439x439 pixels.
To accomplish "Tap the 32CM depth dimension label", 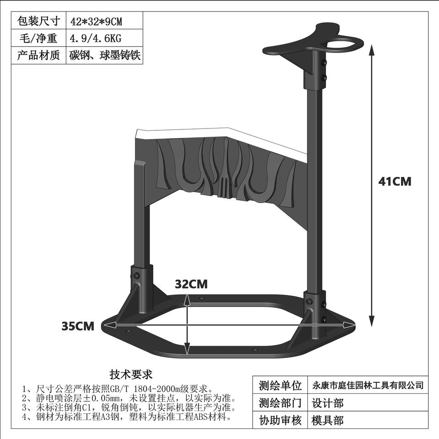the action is pyautogui.click(x=191, y=284).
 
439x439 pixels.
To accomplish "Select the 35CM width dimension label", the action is pyautogui.click(x=78, y=326).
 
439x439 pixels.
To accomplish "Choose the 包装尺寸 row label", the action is pyautogui.click(x=38, y=21).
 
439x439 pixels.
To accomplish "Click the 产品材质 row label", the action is pyautogui.click(x=38, y=56).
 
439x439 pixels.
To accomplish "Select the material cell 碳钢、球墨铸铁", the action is pyautogui.click(x=105, y=56).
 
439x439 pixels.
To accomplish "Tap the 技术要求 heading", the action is pyautogui.click(x=131, y=375).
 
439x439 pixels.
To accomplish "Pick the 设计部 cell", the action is pyautogui.click(x=327, y=403).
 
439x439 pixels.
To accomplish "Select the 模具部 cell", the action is pyautogui.click(x=327, y=420).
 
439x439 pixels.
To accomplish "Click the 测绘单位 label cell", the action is pyautogui.click(x=280, y=385).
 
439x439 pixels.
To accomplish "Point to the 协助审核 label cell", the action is pyautogui.click(x=280, y=420).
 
